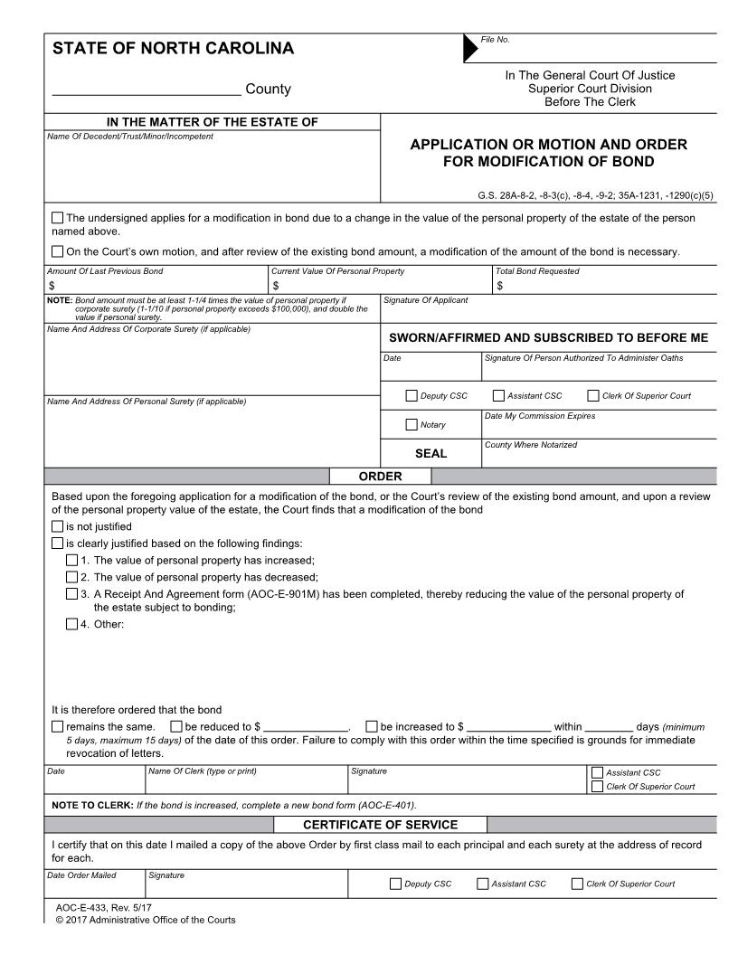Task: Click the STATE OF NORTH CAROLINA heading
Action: (x=173, y=49)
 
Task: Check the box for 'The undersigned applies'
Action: (x=58, y=217)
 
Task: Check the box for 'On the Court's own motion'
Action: (x=58, y=251)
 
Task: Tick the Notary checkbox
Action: (x=412, y=424)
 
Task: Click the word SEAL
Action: (x=431, y=454)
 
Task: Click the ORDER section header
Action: (x=380, y=476)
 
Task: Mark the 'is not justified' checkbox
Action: (x=58, y=526)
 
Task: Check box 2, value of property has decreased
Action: (x=72, y=577)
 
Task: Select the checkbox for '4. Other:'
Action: (x=72, y=624)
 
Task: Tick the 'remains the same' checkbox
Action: (x=58, y=726)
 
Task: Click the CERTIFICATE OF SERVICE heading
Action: (x=380, y=824)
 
